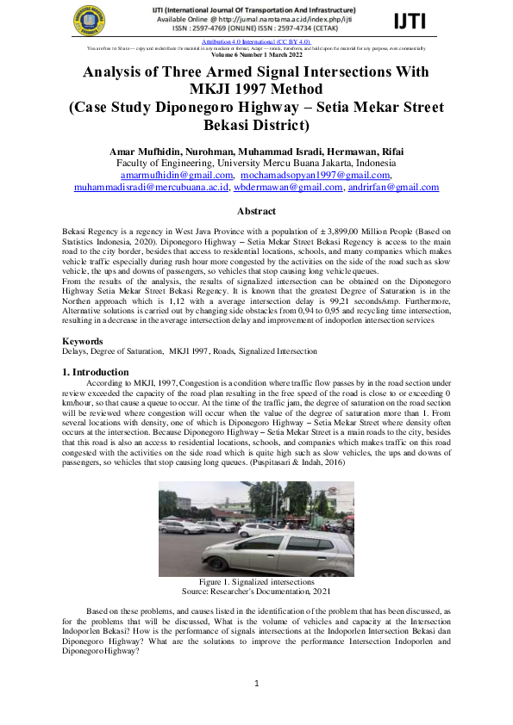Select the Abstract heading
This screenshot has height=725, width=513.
(256, 212)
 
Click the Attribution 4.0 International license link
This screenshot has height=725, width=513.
(255, 40)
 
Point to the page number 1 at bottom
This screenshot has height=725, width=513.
(256, 684)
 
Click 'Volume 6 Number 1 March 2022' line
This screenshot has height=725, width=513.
(256, 54)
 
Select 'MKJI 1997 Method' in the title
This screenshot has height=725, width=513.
(256, 90)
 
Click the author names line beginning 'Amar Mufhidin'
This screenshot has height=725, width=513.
(256, 152)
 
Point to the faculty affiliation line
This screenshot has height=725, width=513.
(256, 163)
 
